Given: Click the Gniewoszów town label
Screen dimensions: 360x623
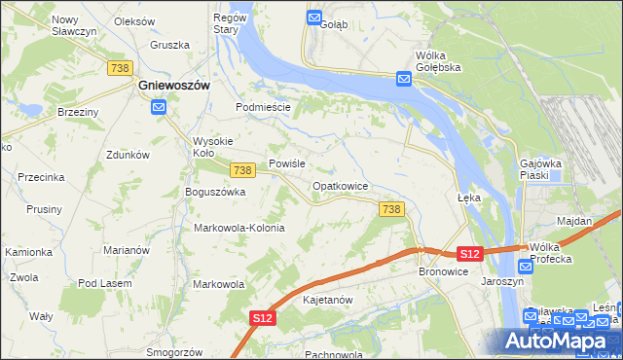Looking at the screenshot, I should [174, 85].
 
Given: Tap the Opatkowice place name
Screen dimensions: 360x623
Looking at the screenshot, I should [340, 185].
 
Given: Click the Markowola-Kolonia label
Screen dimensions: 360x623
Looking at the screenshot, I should [239, 228].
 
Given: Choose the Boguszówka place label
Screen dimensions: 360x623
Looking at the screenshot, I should [215, 192].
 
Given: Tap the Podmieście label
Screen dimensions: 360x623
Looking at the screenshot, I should [264, 107].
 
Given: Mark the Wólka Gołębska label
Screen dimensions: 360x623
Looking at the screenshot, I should [437, 61].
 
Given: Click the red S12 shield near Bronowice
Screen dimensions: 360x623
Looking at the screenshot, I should [469, 254].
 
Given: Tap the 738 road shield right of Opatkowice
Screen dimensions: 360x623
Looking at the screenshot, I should [391, 209].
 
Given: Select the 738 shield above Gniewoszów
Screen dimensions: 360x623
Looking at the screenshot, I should [121, 67].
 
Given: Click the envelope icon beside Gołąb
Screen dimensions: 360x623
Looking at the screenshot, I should [314, 18].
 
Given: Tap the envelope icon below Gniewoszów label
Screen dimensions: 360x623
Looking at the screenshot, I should [159, 109].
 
